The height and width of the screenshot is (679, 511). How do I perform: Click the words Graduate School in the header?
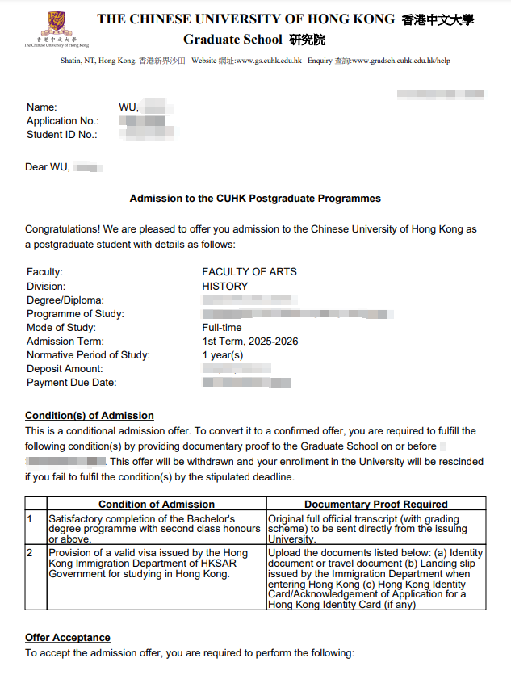(232, 40)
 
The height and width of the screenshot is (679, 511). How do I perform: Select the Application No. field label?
(63, 121)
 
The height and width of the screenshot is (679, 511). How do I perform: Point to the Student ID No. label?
(62, 135)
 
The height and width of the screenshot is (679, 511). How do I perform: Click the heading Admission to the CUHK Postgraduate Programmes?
(255, 198)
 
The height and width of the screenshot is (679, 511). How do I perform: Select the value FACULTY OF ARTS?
(249, 272)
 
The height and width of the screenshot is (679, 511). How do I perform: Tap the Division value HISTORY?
(225, 286)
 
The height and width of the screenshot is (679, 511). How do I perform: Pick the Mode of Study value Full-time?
(222, 328)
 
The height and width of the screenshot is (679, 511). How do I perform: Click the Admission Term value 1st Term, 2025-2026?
(250, 342)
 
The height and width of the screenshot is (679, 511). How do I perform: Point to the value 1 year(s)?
(223, 355)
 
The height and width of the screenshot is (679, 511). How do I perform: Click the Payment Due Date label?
(72, 383)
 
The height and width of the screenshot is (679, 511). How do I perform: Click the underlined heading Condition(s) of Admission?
(90, 416)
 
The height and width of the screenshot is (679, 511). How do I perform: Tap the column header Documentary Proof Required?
(376, 504)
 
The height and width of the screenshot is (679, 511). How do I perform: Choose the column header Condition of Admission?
(157, 504)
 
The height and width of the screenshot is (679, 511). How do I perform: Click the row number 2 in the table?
(31, 552)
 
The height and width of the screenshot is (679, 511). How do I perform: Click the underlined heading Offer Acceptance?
(68, 638)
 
